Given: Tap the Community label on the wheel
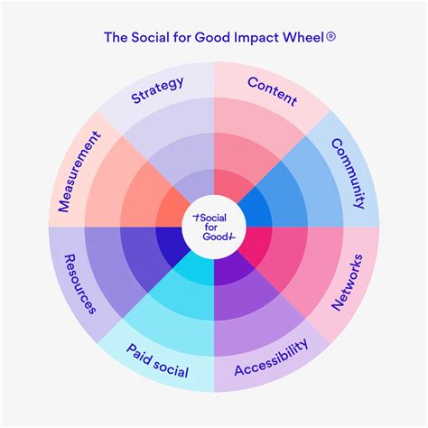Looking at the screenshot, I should (x=347, y=169).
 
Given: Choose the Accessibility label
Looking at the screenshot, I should (x=272, y=358).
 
